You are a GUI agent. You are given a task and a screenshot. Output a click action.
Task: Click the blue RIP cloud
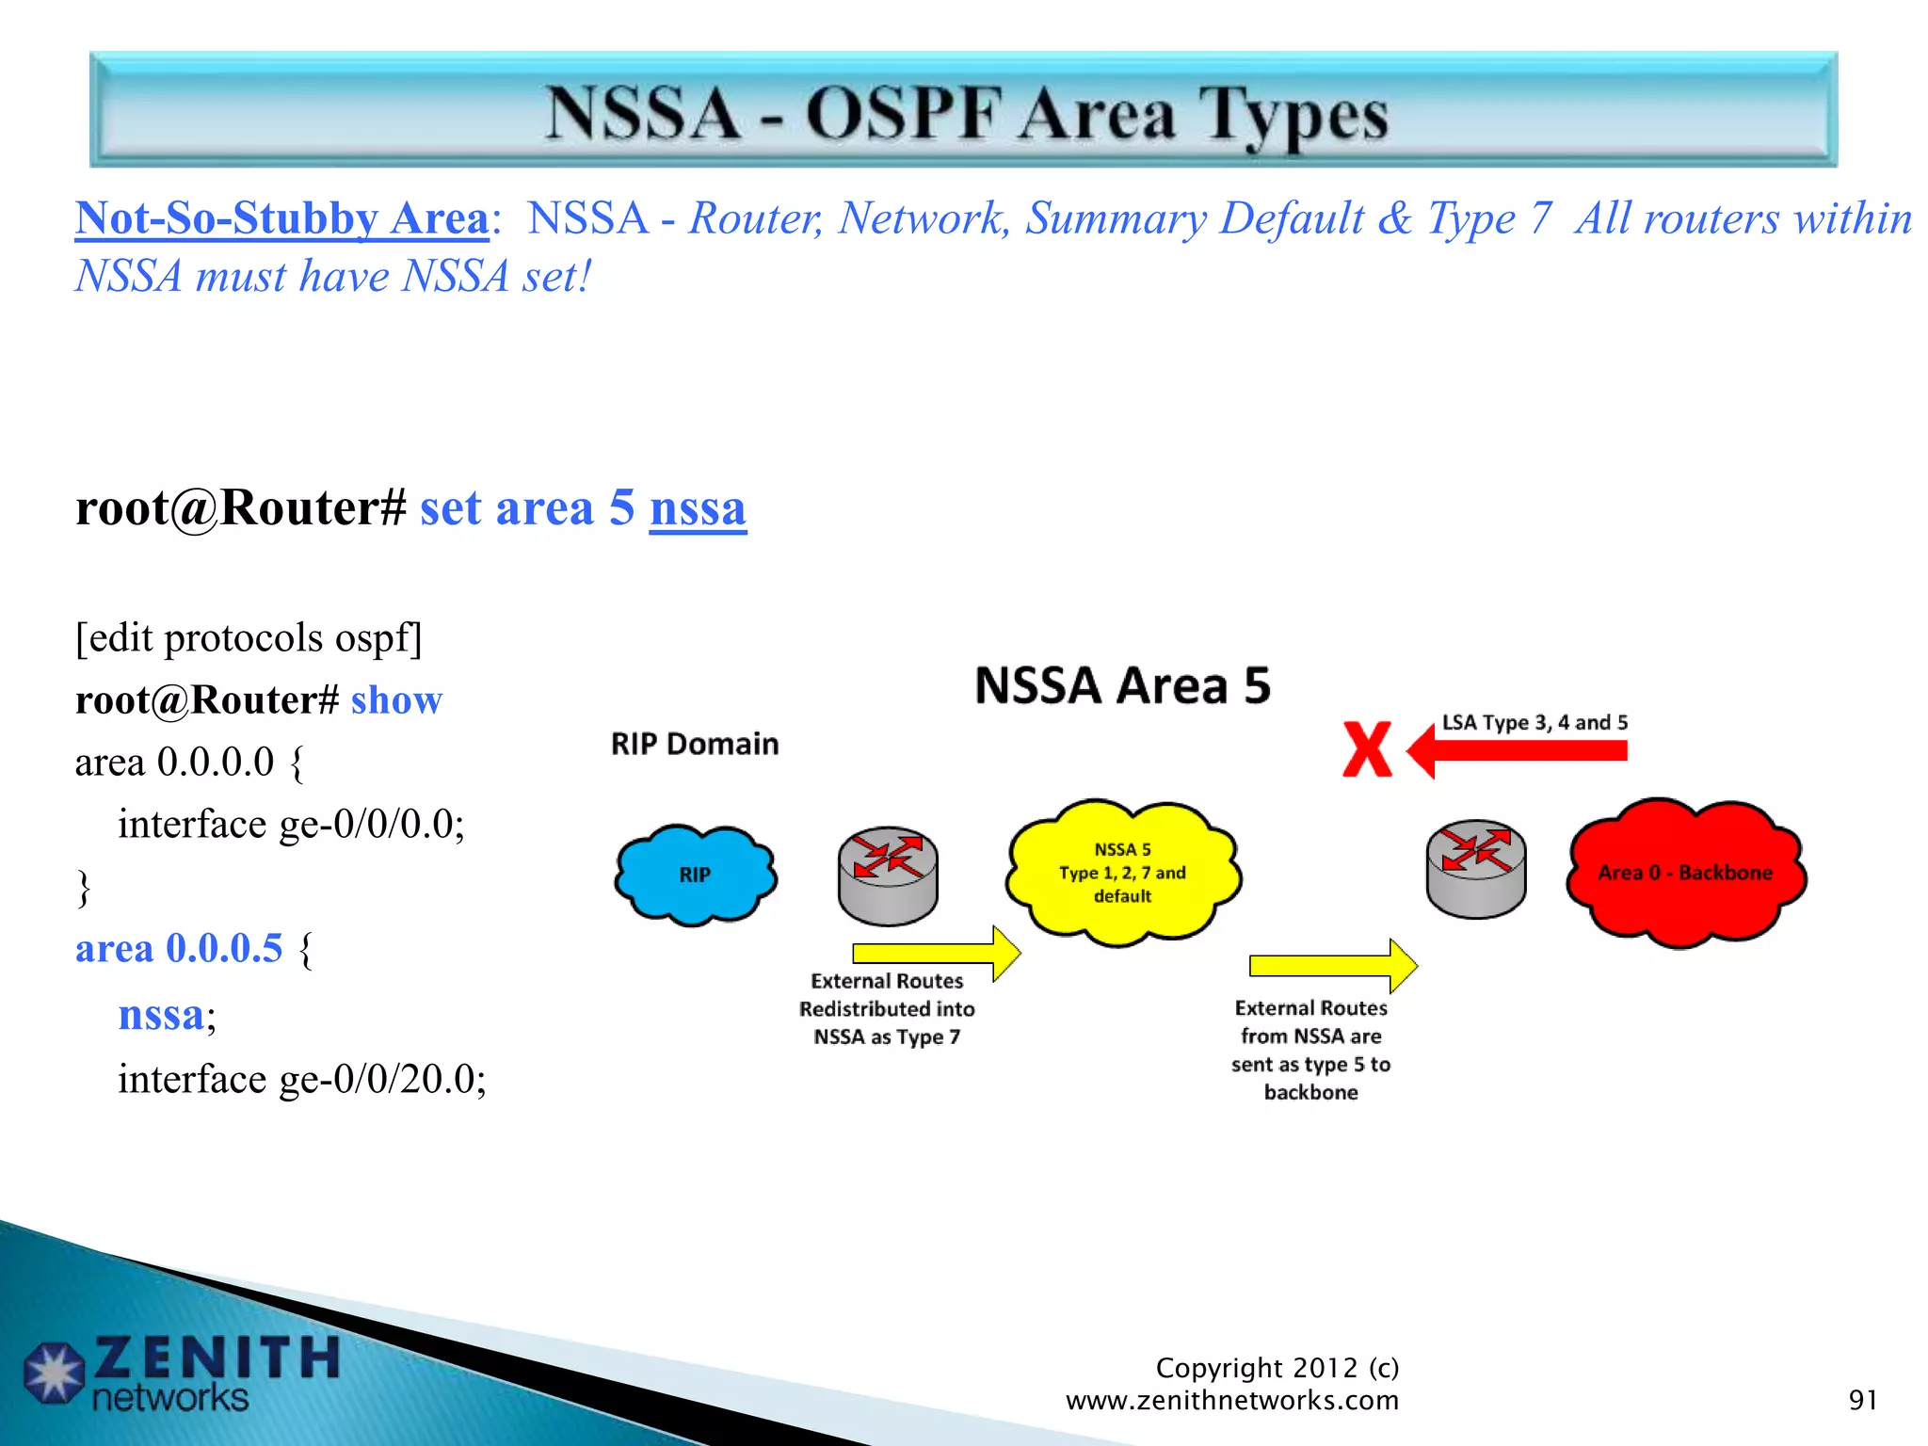tap(695, 875)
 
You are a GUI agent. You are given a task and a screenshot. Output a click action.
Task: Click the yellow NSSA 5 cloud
tap(1122, 873)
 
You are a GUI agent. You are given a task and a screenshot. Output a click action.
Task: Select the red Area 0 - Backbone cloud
tap(1685, 873)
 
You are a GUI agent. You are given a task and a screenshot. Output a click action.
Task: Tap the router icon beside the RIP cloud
tap(888, 876)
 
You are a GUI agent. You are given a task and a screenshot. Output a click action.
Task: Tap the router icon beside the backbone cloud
tap(1475, 869)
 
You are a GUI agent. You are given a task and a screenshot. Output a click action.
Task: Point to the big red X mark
tap(1367, 749)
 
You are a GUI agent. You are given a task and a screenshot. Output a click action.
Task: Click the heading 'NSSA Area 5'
tap(1122, 685)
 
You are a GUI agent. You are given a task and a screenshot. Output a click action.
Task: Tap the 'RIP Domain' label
tap(695, 744)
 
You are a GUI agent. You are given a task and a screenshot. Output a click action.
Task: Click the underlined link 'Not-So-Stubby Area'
tap(281, 218)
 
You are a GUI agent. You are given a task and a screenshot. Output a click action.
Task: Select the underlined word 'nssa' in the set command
tap(698, 508)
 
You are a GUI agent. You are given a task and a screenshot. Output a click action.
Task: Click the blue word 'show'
tap(396, 700)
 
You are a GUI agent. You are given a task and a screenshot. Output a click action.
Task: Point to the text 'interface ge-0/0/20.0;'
tap(301, 1079)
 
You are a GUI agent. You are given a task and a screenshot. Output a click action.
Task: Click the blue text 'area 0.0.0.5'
tap(179, 948)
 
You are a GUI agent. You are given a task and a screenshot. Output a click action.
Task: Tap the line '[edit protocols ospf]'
tap(249, 638)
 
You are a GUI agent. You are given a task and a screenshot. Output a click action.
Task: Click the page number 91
tap(1862, 1400)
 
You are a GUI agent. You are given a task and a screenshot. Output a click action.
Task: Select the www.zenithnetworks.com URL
tap(1231, 1400)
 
